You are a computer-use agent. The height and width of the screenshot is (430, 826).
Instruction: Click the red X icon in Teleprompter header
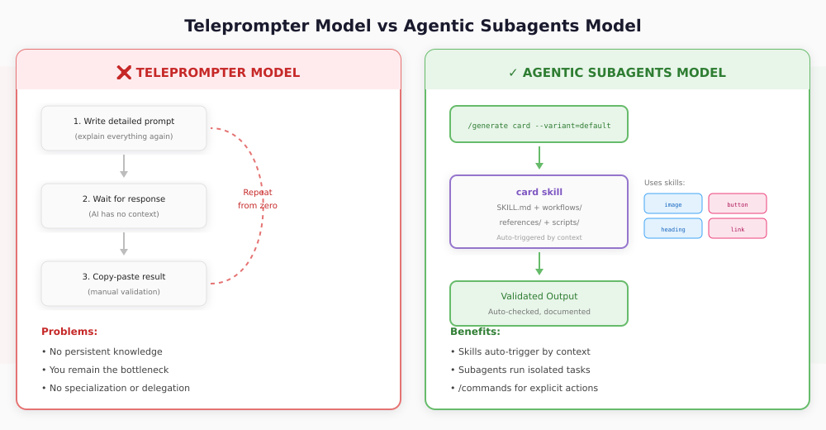point(124,73)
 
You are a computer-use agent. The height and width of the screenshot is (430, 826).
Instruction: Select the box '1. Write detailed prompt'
point(124,128)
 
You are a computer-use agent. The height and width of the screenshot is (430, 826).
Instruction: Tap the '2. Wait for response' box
point(124,206)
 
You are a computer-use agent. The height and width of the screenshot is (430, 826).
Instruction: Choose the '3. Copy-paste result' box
point(124,284)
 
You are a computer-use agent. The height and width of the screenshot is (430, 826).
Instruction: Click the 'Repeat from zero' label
point(258,198)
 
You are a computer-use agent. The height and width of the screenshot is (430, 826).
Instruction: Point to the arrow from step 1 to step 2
point(124,166)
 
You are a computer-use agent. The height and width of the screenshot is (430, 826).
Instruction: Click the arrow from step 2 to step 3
point(124,244)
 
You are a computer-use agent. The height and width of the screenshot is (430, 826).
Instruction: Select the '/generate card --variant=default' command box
point(539,124)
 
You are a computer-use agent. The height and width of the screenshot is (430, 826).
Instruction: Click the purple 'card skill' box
point(539,212)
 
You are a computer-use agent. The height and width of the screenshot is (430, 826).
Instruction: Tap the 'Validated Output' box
point(539,303)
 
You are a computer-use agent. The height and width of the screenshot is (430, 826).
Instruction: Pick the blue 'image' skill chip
point(673,203)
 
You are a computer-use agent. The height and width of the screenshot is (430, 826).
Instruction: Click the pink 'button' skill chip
point(738,203)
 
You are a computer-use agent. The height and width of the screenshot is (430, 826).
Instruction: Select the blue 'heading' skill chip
point(673,228)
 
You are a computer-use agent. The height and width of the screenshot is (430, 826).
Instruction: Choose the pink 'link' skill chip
point(738,228)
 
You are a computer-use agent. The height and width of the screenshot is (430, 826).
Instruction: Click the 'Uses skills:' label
point(664,183)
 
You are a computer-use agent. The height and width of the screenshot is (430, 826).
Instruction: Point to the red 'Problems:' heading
point(69,332)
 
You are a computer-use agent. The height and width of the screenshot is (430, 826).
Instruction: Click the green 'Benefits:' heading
point(475,332)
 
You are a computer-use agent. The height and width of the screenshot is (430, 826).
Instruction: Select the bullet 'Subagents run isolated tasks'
point(520,370)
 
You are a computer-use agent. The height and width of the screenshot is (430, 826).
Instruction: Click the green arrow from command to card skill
point(539,158)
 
